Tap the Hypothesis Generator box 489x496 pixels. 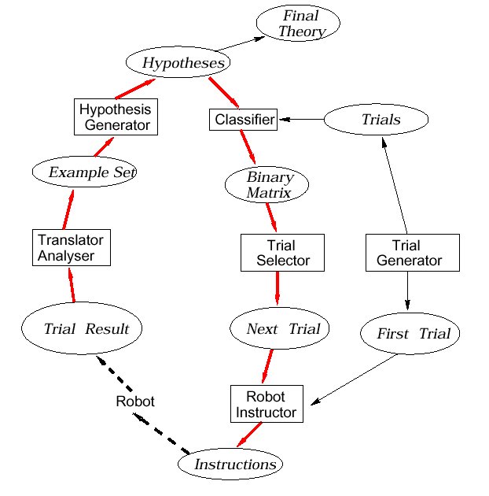(x=116, y=116)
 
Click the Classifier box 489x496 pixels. (x=244, y=120)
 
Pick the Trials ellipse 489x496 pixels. (x=377, y=120)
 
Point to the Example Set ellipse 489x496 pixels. (x=85, y=171)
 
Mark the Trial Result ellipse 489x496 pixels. (x=82, y=329)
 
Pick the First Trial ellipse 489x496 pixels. (x=409, y=333)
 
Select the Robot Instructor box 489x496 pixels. (x=267, y=404)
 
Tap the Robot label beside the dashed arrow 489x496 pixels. (x=135, y=402)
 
